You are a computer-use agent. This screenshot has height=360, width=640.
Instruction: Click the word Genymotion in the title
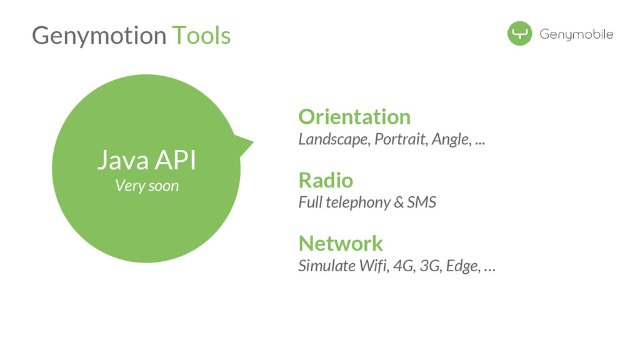click(x=99, y=36)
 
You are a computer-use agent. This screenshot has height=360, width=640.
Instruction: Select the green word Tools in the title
click(x=201, y=35)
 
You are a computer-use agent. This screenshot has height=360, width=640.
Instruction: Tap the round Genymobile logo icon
click(x=519, y=34)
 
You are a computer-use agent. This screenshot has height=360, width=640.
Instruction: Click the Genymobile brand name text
click(x=576, y=34)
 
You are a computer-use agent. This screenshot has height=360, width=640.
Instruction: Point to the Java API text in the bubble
click(x=146, y=161)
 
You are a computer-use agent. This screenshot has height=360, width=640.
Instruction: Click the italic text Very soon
click(x=147, y=186)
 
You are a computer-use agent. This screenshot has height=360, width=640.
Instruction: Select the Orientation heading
click(x=354, y=116)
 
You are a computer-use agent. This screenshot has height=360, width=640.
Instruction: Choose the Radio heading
click(x=326, y=180)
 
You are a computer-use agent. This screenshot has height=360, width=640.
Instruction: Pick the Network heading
click(x=341, y=242)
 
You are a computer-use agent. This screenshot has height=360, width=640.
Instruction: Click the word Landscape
click(x=333, y=139)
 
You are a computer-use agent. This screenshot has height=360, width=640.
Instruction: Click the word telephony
click(x=359, y=202)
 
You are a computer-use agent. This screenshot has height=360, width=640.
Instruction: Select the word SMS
click(x=421, y=202)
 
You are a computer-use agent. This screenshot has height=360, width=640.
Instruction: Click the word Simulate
click(x=324, y=266)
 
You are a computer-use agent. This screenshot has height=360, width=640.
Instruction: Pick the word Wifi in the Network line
click(x=372, y=266)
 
